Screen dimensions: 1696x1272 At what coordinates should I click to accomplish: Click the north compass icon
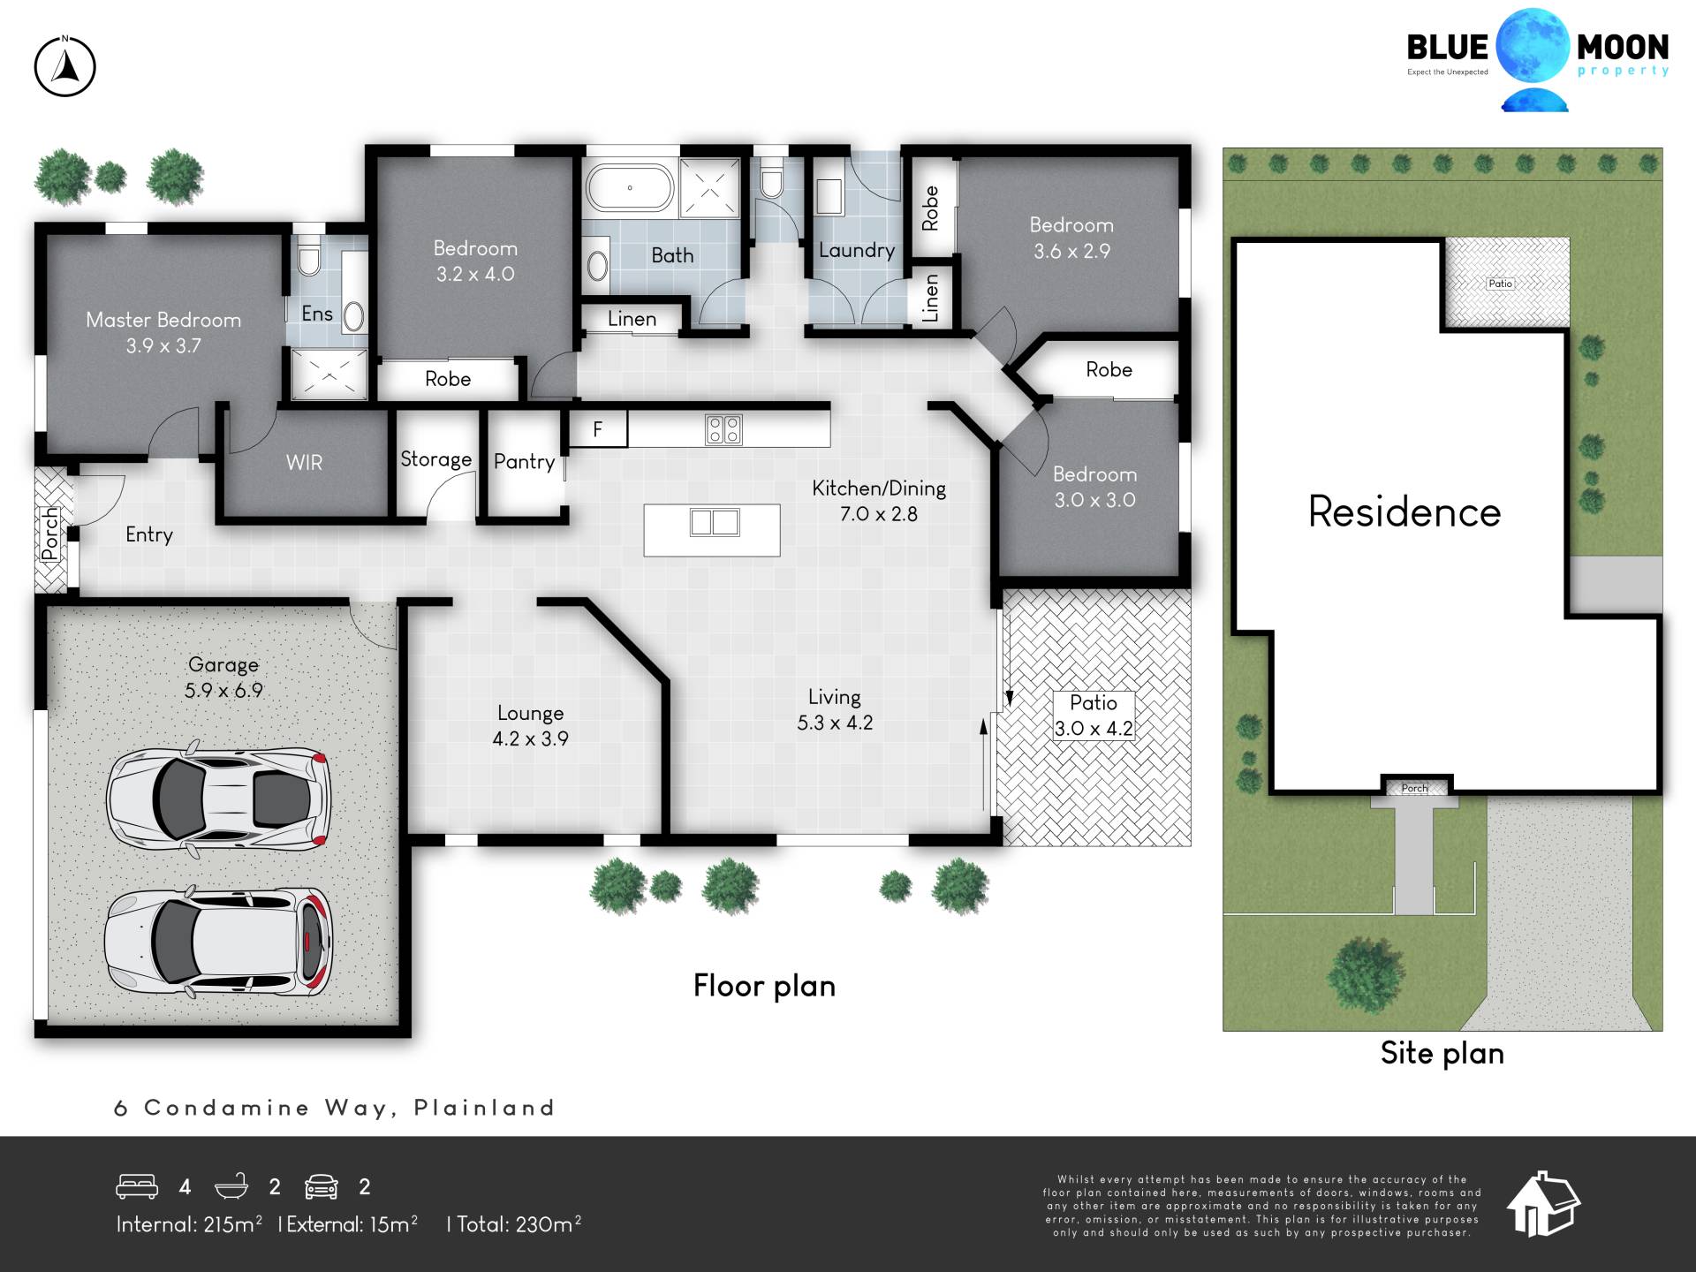64,66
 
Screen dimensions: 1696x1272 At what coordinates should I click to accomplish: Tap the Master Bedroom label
163,332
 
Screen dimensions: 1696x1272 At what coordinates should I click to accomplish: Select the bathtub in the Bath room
630,187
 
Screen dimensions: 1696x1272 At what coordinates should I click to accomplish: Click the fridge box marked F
598,429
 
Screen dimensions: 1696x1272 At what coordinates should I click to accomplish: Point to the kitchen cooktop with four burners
723,430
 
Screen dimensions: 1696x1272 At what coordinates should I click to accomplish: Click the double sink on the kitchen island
715,522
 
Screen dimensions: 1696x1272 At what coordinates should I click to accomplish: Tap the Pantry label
524,462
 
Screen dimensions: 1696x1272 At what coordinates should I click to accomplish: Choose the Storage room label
435,459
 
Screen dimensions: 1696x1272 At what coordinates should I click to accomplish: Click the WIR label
304,463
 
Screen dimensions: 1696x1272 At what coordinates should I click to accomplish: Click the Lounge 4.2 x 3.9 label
530,726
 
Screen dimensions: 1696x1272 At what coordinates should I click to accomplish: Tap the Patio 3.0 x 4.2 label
1094,715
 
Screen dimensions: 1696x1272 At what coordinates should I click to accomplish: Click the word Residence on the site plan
1404,511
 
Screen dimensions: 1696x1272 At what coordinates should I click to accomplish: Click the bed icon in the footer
137,1186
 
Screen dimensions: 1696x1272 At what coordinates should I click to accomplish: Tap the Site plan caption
1442,1053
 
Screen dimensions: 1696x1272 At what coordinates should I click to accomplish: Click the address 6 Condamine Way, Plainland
335,1108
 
